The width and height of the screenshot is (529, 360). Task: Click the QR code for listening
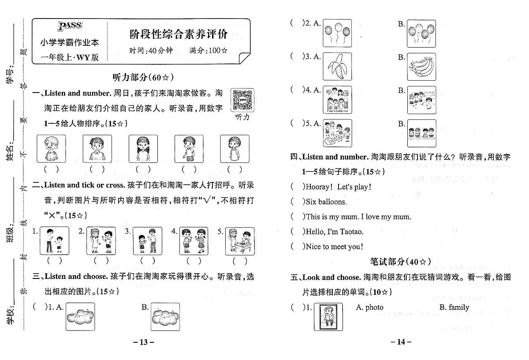tap(242, 100)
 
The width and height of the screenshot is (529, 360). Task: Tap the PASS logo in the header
tap(70, 26)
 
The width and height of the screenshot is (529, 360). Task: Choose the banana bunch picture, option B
tap(421, 67)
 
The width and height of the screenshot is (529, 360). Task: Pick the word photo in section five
tap(369, 308)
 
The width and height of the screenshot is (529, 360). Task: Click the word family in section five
tap(454, 308)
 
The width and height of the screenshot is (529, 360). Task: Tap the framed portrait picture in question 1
tap(328, 317)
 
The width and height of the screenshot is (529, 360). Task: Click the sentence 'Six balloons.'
tap(326, 202)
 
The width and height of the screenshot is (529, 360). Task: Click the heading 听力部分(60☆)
tap(144, 78)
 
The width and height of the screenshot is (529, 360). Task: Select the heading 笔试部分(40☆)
tap(400, 262)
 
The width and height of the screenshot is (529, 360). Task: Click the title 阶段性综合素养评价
tap(179, 33)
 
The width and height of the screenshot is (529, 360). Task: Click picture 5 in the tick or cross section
tap(239, 241)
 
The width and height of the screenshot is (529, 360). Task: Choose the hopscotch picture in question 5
tap(337, 133)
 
